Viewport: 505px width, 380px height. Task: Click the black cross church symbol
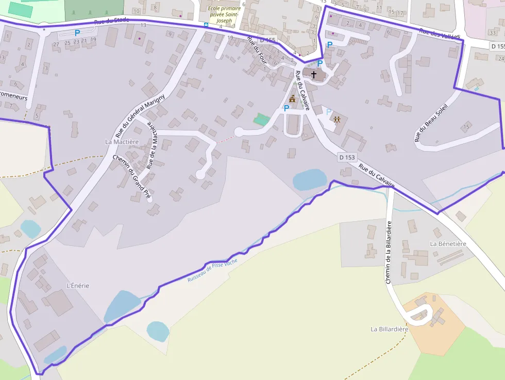coord(314,74)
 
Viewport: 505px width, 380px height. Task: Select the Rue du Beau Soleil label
coord(432,123)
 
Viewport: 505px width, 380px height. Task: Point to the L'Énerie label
coord(78,285)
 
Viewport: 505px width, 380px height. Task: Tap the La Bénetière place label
coord(448,243)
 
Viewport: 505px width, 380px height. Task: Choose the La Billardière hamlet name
coord(389,329)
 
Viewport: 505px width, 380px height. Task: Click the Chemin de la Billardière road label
coord(389,252)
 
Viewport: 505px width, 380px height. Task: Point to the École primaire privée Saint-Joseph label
coord(224,14)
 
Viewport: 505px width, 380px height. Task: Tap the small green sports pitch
coord(261,120)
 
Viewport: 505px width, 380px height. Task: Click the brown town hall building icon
coord(293,98)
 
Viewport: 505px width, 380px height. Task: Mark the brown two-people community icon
coord(337,120)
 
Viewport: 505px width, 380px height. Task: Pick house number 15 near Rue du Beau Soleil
coord(467,126)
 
